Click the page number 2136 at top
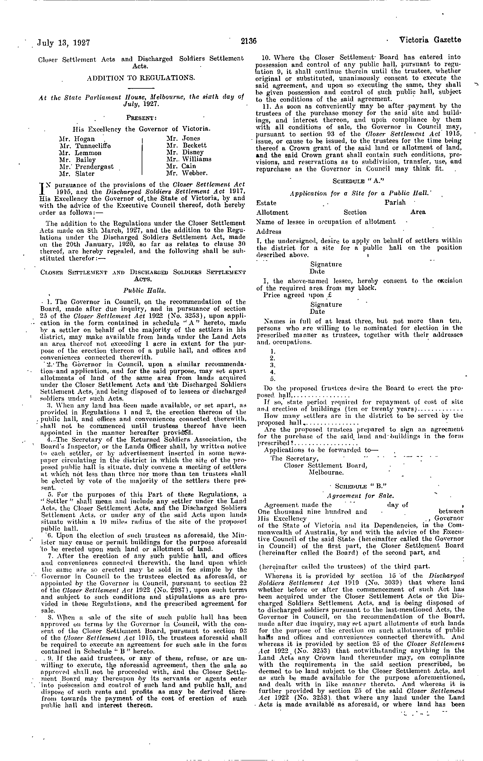point(248,41)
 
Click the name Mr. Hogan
point(77,139)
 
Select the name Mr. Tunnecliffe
point(85,146)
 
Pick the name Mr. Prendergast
point(86,167)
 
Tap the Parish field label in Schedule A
point(395,202)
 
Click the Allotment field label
point(272,213)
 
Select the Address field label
point(269,232)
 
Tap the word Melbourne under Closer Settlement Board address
point(326,473)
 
